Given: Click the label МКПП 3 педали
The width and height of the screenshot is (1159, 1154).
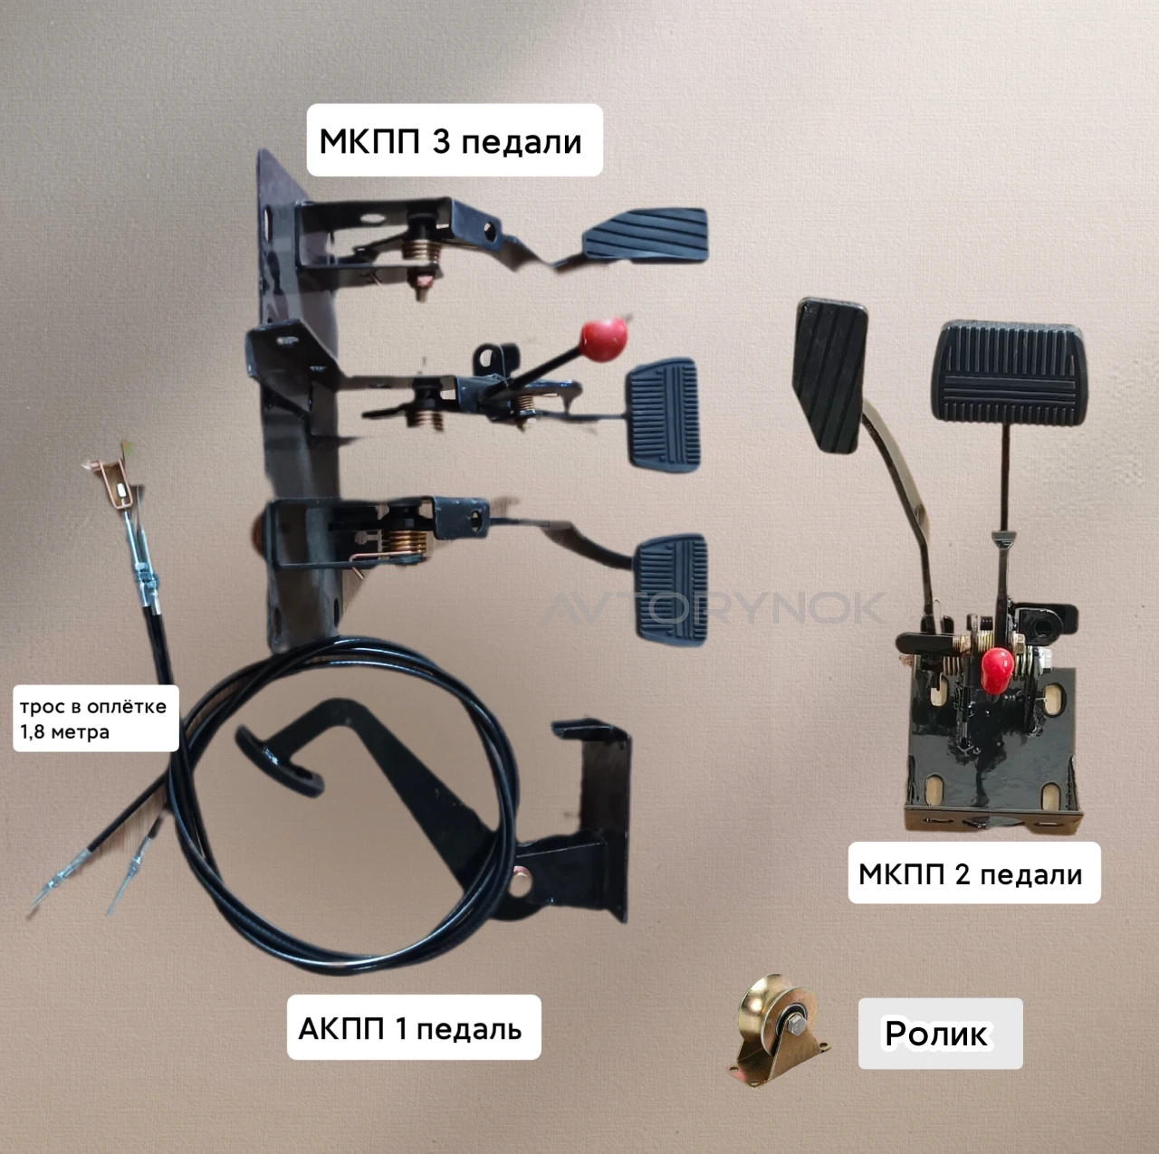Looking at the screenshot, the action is click(451, 142).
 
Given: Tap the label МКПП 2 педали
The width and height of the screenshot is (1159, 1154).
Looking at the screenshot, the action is click(970, 873).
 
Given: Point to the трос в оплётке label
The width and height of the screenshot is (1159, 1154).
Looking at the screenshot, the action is click(93, 706).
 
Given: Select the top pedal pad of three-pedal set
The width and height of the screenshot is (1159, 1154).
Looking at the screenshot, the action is click(646, 234).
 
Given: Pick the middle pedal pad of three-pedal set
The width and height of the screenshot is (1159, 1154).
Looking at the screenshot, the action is click(663, 415).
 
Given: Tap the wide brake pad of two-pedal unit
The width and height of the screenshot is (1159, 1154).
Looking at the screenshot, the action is click(1011, 372).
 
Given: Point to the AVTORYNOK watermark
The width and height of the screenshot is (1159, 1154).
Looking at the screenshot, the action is click(714, 608).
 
